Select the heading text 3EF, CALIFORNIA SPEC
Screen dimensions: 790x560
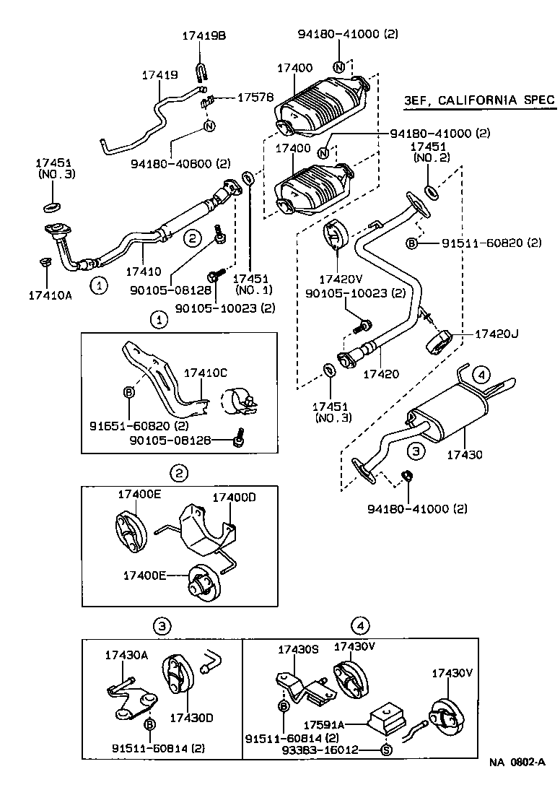tap(479, 100)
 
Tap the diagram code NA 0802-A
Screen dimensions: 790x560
tap(517, 762)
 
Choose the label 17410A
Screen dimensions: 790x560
tap(51, 294)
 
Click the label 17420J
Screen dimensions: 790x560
tap(497, 334)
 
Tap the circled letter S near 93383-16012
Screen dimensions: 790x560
tap(385, 750)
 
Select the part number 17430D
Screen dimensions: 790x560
tap(191, 717)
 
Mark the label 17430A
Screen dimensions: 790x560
tap(126, 655)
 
